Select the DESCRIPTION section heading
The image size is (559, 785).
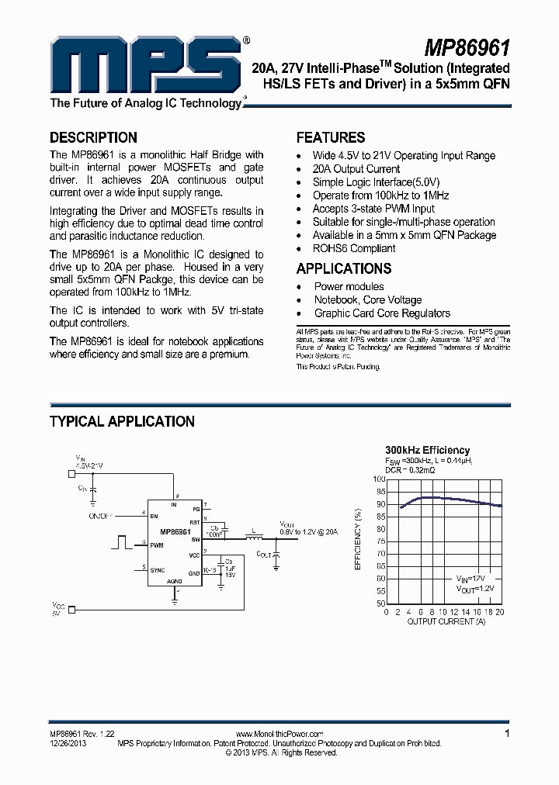click(x=93, y=138)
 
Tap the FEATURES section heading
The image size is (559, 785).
click(x=331, y=138)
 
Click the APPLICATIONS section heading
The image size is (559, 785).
click(x=344, y=269)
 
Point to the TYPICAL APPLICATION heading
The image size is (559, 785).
click(x=122, y=422)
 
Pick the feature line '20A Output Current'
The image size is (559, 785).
click(x=356, y=169)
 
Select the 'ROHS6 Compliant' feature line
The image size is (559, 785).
click(x=354, y=248)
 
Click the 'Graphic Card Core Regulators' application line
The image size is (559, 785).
click(x=382, y=313)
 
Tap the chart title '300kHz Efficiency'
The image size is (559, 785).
click(x=428, y=450)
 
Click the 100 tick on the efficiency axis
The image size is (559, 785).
click(x=378, y=479)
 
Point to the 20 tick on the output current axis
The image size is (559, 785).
click(x=502, y=612)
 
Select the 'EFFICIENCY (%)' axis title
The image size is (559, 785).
click(x=358, y=540)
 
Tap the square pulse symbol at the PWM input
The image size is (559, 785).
click(x=120, y=541)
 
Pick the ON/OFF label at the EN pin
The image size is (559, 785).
click(x=102, y=515)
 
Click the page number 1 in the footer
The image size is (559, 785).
click(x=507, y=733)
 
